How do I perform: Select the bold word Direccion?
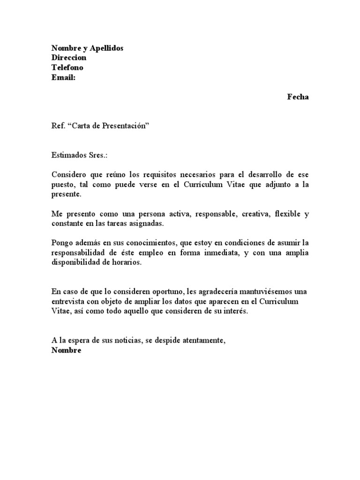click(x=69, y=58)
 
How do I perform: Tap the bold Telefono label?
click(x=67, y=67)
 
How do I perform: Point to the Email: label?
click(x=63, y=77)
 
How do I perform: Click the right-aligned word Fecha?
click(x=298, y=97)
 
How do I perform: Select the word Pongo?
click(x=62, y=243)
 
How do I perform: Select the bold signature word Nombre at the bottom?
click(x=66, y=350)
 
